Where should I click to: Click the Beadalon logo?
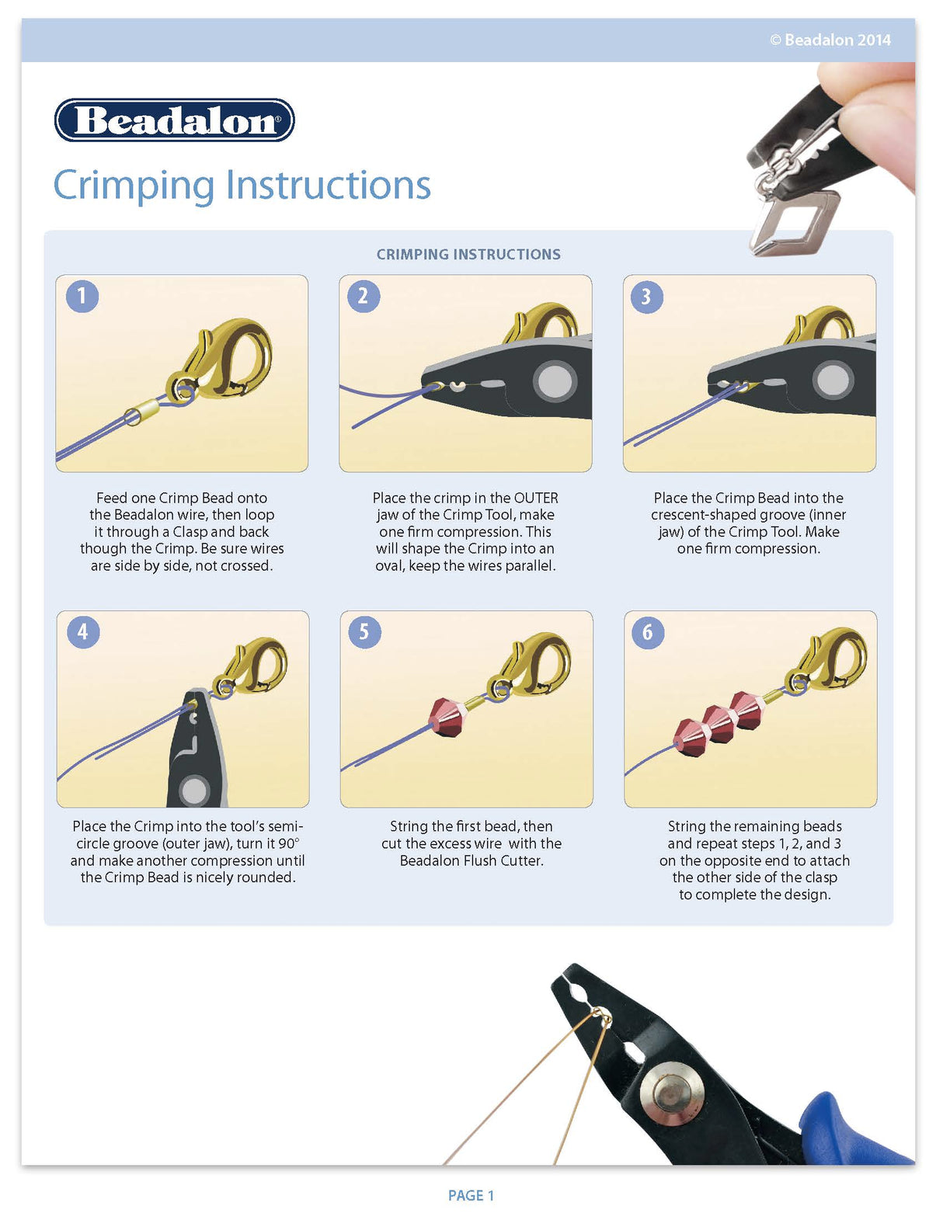(x=174, y=120)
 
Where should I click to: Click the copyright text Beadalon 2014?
(x=830, y=40)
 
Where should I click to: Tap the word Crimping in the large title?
(x=133, y=185)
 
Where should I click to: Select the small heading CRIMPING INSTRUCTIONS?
(x=468, y=254)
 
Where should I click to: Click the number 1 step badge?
(x=82, y=296)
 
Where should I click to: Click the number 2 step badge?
(x=363, y=296)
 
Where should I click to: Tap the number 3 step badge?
(x=646, y=297)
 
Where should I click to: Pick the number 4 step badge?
(x=82, y=631)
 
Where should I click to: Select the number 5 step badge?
(x=364, y=631)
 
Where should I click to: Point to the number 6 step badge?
(x=647, y=632)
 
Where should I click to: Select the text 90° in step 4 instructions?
(x=289, y=843)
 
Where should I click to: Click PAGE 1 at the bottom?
(x=471, y=1195)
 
